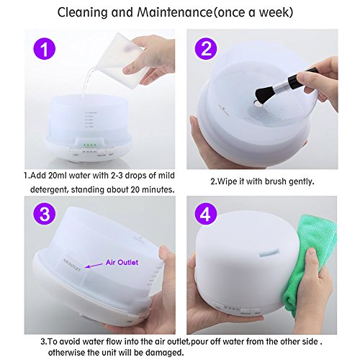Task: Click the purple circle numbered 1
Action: click(x=44, y=49)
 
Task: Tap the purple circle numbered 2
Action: click(x=205, y=49)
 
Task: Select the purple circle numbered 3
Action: click(x=44, y=213)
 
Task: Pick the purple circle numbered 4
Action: click(x=205, y=213)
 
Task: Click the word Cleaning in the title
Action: click(x=82, y=12)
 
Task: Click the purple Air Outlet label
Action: click(x=122, y=262)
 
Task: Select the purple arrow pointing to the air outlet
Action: click(x=94, y=265)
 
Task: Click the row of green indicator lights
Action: click(x=89, y=145)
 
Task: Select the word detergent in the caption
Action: click(x=47, y=190)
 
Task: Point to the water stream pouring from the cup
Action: click(x=86, y=81)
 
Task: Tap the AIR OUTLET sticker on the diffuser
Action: click(x=72, y=265)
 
